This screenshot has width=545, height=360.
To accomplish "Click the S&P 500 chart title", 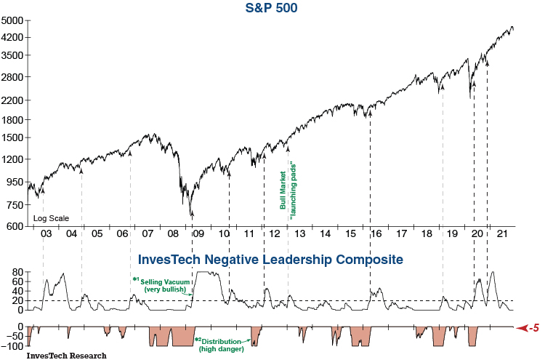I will point(271,9).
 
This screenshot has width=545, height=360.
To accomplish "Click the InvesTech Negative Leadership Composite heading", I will point(270,259).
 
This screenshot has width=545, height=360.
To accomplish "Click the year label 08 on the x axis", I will point(173,233).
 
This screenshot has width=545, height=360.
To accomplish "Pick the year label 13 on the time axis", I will point(299,233).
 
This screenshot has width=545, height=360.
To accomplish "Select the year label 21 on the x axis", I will point(501,233).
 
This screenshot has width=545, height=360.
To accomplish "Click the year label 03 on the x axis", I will point(47,233).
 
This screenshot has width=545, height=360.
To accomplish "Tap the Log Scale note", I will point(51,218).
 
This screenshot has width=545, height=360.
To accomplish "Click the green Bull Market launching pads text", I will point(289,186).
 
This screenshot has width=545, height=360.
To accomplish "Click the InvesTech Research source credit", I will point(66,356).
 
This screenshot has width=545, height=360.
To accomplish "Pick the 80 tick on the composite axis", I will point(17,271).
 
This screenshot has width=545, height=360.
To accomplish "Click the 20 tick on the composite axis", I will point(17,300).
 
